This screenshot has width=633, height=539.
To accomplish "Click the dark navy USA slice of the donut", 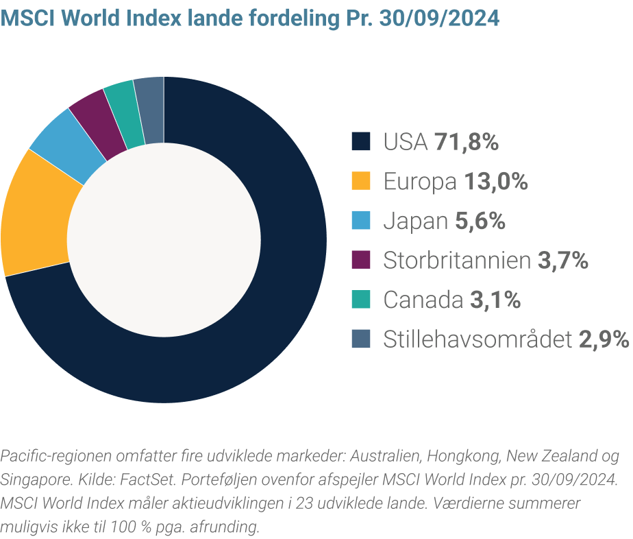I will pyautogui.click(x=274, y=309).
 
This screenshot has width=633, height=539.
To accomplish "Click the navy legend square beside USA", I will pyautogui.click(x=361, y=142).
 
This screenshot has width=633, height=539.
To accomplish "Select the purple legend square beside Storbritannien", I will pyautogui.click(x=361, y=260).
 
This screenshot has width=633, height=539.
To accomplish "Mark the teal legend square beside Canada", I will pyautogui.click(x=361, y=299).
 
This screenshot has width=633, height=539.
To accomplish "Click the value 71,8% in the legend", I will pyautogui.click(x=467, y=143).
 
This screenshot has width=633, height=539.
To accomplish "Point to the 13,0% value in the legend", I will pyautogui.click(x=496, y=182).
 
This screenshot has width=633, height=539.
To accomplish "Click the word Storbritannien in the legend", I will pyautogui.click(x=457, y=261).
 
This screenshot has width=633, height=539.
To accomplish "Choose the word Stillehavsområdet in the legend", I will pyautogui.click(x=477, y=339).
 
